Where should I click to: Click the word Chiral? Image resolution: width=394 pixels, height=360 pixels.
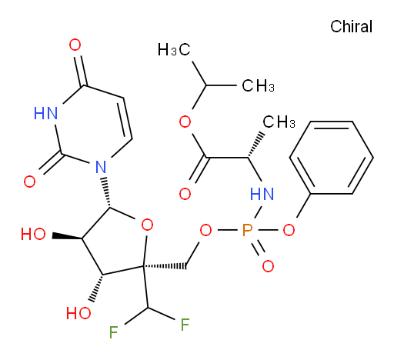click(351, 27)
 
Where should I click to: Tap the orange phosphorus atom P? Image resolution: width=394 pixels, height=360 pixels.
click(247, 230)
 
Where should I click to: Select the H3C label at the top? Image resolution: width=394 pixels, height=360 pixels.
click(174, 49)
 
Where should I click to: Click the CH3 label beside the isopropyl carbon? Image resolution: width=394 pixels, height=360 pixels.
click(258, 85)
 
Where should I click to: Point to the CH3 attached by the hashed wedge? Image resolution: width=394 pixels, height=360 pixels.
click(279, 122)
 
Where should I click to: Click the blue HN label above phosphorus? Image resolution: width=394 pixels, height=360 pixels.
click(262, 194)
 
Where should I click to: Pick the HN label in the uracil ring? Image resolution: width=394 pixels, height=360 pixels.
click(45, 113)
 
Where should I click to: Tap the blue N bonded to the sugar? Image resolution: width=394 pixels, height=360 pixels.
click(101, 167)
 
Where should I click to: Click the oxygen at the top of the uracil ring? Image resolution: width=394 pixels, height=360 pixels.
click(75, 45)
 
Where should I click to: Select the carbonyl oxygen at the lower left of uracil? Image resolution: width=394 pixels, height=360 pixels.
click(29, 182)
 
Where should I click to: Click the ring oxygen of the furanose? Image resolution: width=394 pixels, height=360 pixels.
click(147, 225)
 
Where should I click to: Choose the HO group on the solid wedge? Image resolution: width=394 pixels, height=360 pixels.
click(33, 234)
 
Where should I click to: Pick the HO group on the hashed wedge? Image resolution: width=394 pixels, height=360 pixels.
click(78, 313)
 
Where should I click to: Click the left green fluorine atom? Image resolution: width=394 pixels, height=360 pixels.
click(113, 332)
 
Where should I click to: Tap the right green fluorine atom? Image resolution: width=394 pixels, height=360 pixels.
click(185, 325)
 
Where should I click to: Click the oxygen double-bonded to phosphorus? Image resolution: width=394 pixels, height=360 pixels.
click(268, 266)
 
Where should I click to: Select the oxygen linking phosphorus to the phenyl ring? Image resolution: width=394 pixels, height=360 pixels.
click(289, 230)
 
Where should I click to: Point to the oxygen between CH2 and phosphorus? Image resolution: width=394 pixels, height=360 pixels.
click(205, 230)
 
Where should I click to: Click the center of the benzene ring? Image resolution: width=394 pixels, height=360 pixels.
click(332, 158)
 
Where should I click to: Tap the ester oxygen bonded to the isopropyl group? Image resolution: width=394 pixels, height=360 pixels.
click(185, 122)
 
